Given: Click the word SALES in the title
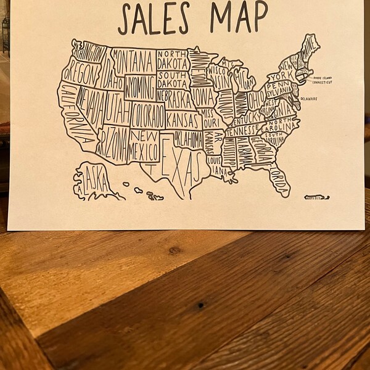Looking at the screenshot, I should (158, 18).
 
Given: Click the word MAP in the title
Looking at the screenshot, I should (239, 17).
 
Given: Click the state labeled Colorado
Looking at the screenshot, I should (147, 115).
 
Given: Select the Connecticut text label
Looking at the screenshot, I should (321, 82).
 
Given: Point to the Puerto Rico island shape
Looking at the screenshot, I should (316, 197).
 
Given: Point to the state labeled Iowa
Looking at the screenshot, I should (202, 96).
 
